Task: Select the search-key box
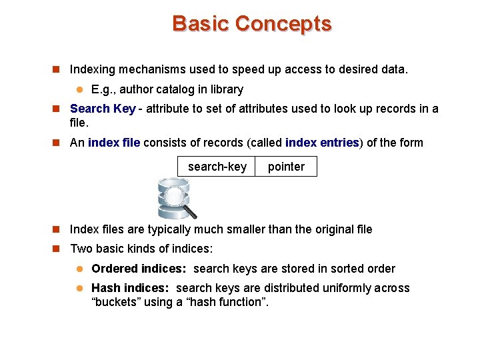click(x=217, y=167)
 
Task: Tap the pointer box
click(x=286, y=167)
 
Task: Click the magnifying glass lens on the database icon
click(x=176, y=196)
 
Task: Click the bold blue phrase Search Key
click(x=103, y=109)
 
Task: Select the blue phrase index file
click(x=114, y=143)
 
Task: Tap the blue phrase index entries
click(x=322, y=143)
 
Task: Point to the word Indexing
click(x=93, y=69)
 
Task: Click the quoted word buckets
click(x=114, y=302)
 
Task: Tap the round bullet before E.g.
click(x=78, y=89)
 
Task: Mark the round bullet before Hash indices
click(x=78, y=288)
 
